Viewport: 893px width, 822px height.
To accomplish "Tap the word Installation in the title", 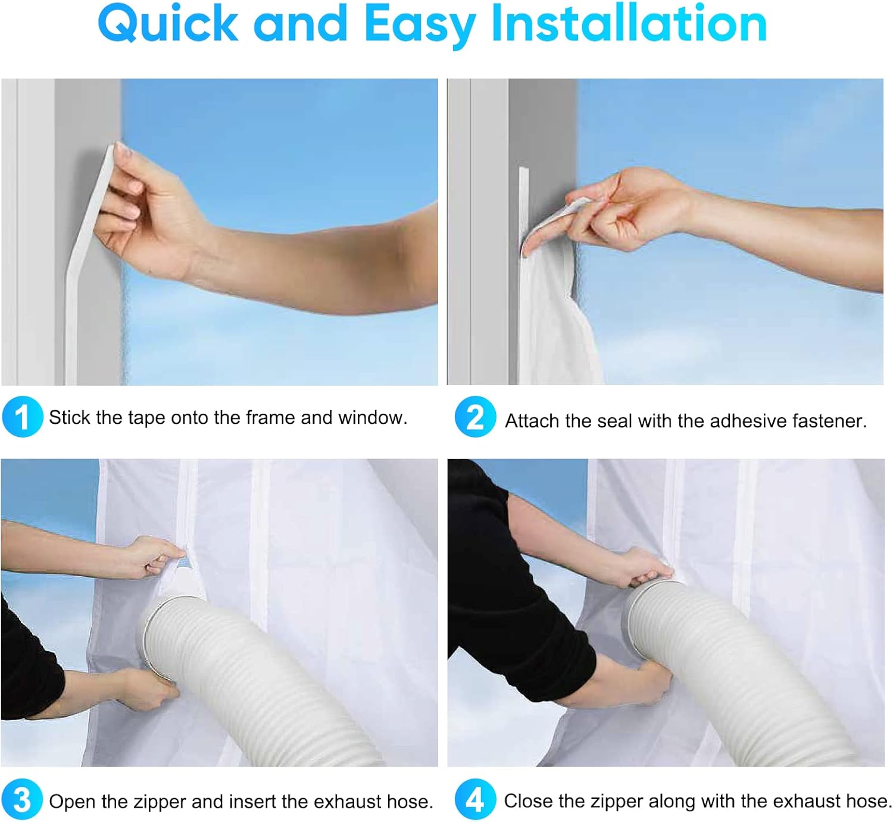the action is (629, 23).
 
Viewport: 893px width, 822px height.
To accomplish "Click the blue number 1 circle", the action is (22, 417).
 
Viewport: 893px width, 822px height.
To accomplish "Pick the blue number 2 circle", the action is (475, 417).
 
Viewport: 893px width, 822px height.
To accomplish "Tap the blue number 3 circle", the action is (22, 800).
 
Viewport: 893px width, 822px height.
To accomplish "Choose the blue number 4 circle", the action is (475, 800).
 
